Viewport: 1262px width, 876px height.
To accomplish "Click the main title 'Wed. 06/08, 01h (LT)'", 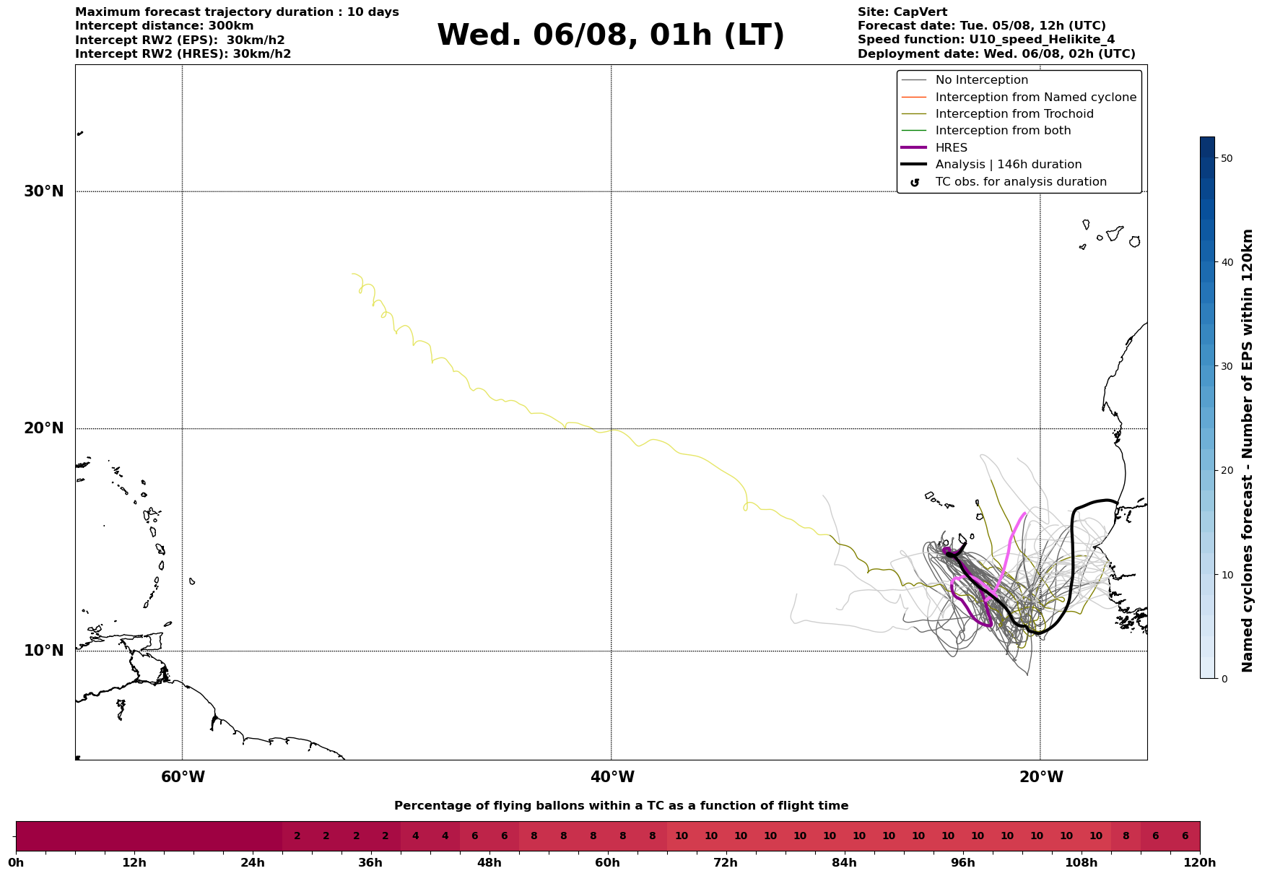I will (x=610, y=35).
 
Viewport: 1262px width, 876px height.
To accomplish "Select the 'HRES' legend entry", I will (x=951, y=148).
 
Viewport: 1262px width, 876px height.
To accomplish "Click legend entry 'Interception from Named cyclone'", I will (x=1035, y=97).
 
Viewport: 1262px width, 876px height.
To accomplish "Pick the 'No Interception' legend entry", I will (x=981, y=80).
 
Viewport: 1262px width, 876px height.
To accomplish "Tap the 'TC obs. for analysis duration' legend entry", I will (x=1020, y=182).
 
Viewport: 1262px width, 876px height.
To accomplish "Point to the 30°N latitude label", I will (x=44, y=191).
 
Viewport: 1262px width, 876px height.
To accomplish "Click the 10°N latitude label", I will (x=44, y=651).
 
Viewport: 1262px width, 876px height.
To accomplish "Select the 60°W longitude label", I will (x=183, y=777).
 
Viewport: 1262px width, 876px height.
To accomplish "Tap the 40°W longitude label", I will (x=612, y=777).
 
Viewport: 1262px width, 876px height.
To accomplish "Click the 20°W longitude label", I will (x=1041, y=777).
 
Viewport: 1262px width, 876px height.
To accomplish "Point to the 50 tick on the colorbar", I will (x=1226, y=158).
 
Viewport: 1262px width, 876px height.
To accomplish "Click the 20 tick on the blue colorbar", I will (x=1226, y=471).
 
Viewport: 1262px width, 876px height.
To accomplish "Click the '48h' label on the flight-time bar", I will (x=489, y=863).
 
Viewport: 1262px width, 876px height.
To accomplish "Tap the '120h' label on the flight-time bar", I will (x=1199, y=863).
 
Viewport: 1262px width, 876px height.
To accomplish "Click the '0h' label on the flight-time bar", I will (x=16, y=863).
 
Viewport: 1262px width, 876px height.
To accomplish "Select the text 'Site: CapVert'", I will (x=902, y=12).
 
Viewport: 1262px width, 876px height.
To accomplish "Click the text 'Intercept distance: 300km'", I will (x=164, y=26).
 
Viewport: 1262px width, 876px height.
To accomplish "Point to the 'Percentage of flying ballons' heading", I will (x=621, y=806).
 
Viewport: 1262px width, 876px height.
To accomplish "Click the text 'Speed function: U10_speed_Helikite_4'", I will (x=985, y=40).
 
